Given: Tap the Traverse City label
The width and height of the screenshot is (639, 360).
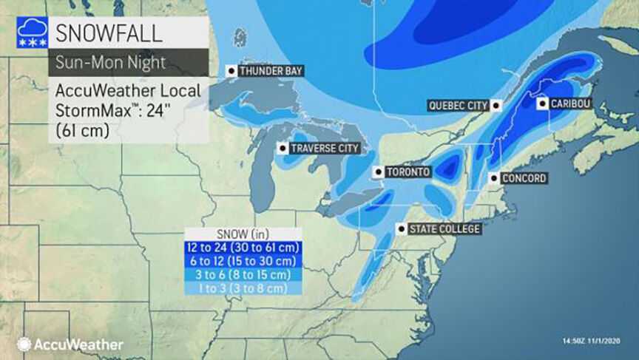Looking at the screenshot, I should point(324,149).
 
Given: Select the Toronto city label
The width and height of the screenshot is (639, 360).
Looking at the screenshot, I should point(407,172).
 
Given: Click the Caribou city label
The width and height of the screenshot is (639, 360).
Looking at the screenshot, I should point(569,104).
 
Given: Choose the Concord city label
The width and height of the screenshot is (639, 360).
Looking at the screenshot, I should point(523,178).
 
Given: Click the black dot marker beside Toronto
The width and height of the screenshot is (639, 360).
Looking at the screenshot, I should point(379,172).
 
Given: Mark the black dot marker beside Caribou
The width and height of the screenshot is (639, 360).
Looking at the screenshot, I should point(542,104).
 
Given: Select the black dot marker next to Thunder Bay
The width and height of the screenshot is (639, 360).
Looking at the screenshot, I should point(232,71).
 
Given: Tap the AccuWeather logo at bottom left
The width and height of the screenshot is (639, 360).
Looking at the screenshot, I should point(70,344).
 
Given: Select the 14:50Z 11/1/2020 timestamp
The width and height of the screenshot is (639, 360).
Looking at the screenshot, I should point(589,341).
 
